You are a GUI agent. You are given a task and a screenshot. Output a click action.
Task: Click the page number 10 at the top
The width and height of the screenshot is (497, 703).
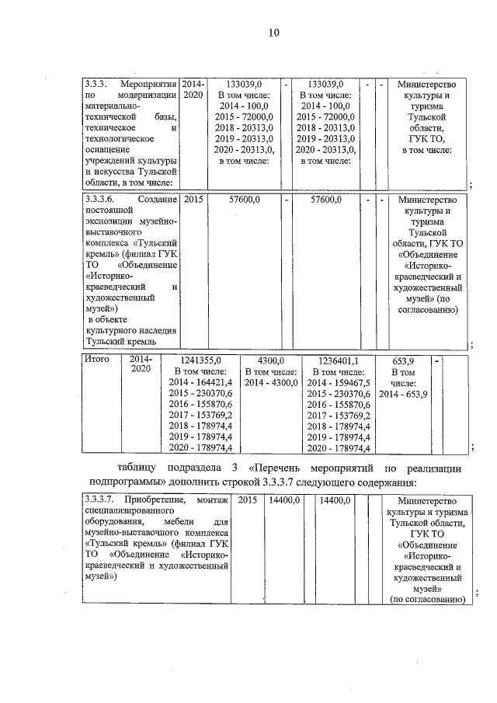(273, 33)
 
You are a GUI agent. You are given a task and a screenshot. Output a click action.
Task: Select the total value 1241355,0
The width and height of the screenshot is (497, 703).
(201, 360)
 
